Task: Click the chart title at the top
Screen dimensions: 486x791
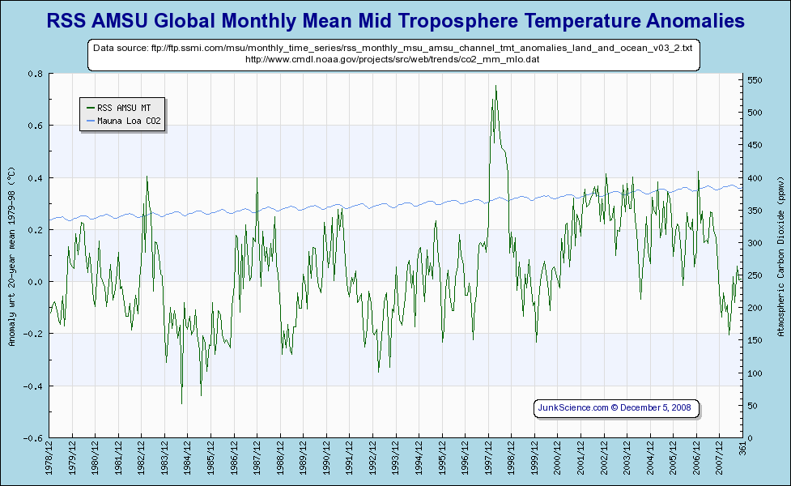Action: tap(395, 20)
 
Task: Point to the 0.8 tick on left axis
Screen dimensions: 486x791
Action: tap(36, 74)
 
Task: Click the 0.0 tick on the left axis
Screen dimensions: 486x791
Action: tap(36, 282)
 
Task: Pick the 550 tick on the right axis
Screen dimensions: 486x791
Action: tap(755, 80)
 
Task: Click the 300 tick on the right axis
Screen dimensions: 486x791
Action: tap(755, 243)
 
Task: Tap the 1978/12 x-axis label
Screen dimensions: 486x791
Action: tap(49, 459)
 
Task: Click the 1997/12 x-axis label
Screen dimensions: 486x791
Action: tap(489, 459)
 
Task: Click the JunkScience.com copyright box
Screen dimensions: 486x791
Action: tap(615, 407)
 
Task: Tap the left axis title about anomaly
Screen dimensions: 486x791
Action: tap(11, 256)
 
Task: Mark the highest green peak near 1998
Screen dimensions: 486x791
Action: tap(495, 86)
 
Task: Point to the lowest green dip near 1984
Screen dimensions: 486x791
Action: tap(181, 403)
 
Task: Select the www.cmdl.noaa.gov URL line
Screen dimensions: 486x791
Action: tap(393, 59)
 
